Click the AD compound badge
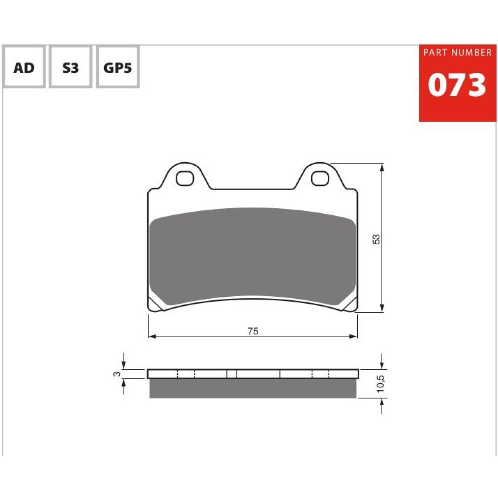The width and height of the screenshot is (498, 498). pyautogui.click(x=24, y=67)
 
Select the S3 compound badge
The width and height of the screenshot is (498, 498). pyautogui.click(x=71, y=67)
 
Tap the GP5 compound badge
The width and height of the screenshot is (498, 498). pyautogui.click(x=118, y=67)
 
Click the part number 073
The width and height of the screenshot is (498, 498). pyautogui.click(x=456, y=85)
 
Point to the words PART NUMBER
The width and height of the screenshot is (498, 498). pyautogui.click(x=457, y=53)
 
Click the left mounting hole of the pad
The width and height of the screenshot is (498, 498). pyautogui.click(x=185, y=178)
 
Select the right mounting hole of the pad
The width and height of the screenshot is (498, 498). pyautogui.click(x=320, y=178)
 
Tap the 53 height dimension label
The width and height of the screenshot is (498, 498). pyautogui.click(x=376, y=239)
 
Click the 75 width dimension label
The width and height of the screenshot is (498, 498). pyautogui.click(x=253, y=331)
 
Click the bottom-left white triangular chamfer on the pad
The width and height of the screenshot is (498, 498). pyautogui.click(x=155, y=305)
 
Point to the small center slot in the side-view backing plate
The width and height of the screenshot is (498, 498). pyautogui.click(x=232, y=374)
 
